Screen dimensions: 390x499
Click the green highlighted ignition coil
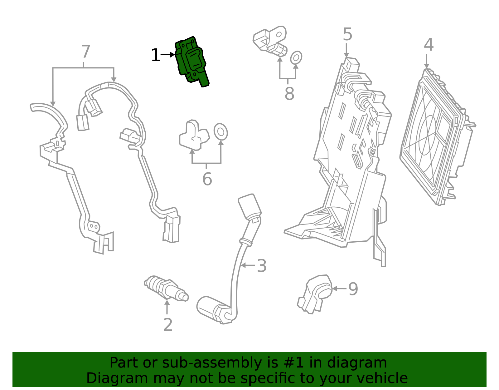click(x=191, y=61)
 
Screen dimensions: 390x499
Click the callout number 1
click(x=155, y=56)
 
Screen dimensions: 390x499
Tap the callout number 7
click(x=85, y=52)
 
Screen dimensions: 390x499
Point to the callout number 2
click(x=168, y=325)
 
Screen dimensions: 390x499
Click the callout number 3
click(x=261, y=266)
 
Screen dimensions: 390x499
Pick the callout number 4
click(x=429, y=45)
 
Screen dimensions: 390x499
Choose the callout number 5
click(x=347, y=34)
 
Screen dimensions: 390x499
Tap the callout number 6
click(x=207, y=179)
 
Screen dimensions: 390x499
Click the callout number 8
click(x=289, y=94)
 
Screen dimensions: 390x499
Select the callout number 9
click(x=353, y=289)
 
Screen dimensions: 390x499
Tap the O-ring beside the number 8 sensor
click(x=296, y=58)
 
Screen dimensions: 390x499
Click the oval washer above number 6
click(x=220, y=132)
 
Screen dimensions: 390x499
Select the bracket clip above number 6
click(x=193, y=136)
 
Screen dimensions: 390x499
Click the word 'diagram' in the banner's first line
click(x=363, y=363)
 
